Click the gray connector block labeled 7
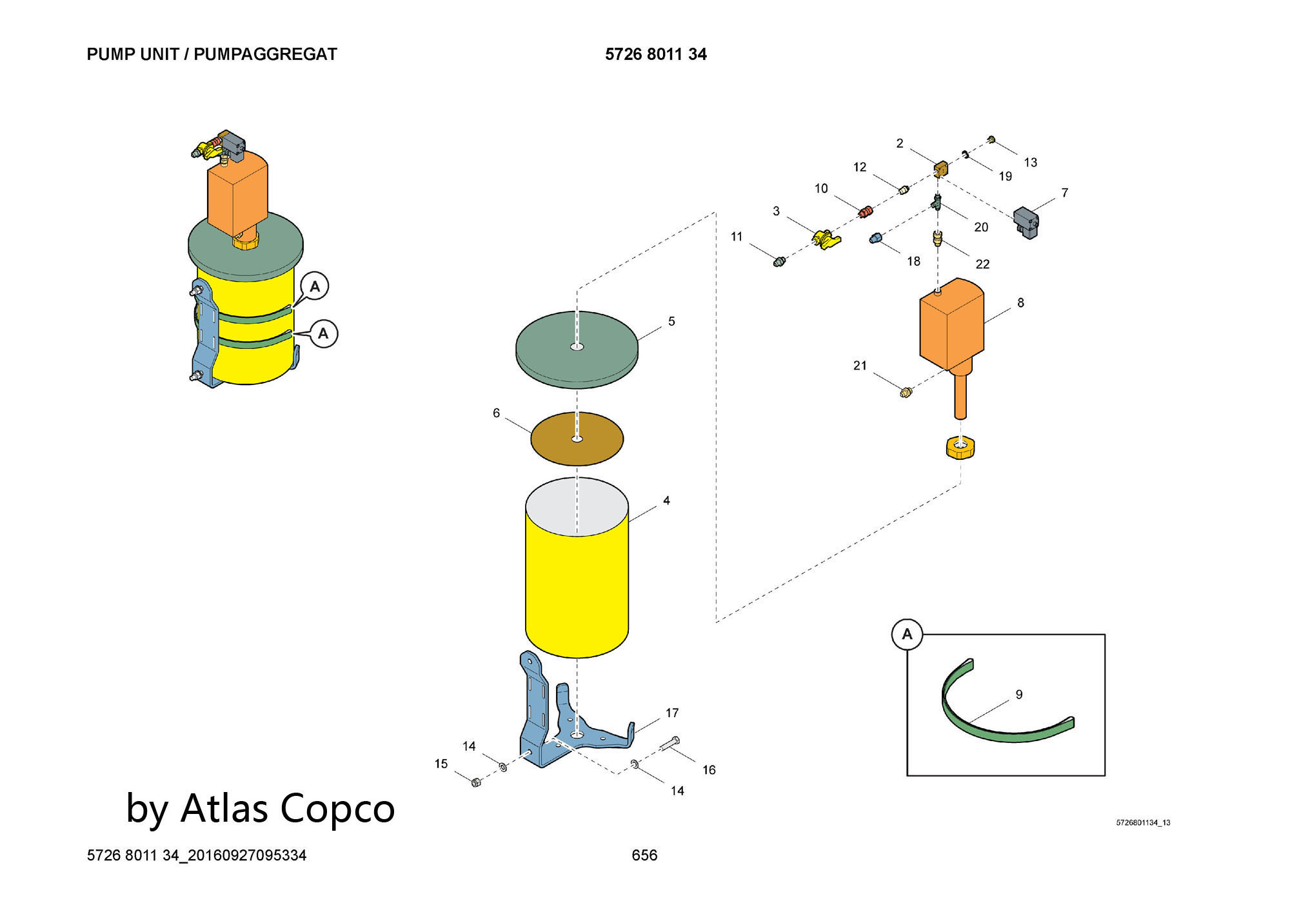[1026, 222]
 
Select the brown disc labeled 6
[577, 439]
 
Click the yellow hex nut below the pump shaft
[960, 447]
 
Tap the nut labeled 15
[476, 782]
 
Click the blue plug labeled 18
[875, 238]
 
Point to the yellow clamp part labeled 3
[826, 239]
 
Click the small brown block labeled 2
[941, 170]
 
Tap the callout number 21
[860, 366]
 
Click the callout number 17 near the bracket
[672, 713]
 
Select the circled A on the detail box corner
[907, 635]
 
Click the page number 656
[644, 855]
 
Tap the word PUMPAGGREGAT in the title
[265, 54]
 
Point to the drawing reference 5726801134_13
[1143, 823]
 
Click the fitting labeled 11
[779, 262]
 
